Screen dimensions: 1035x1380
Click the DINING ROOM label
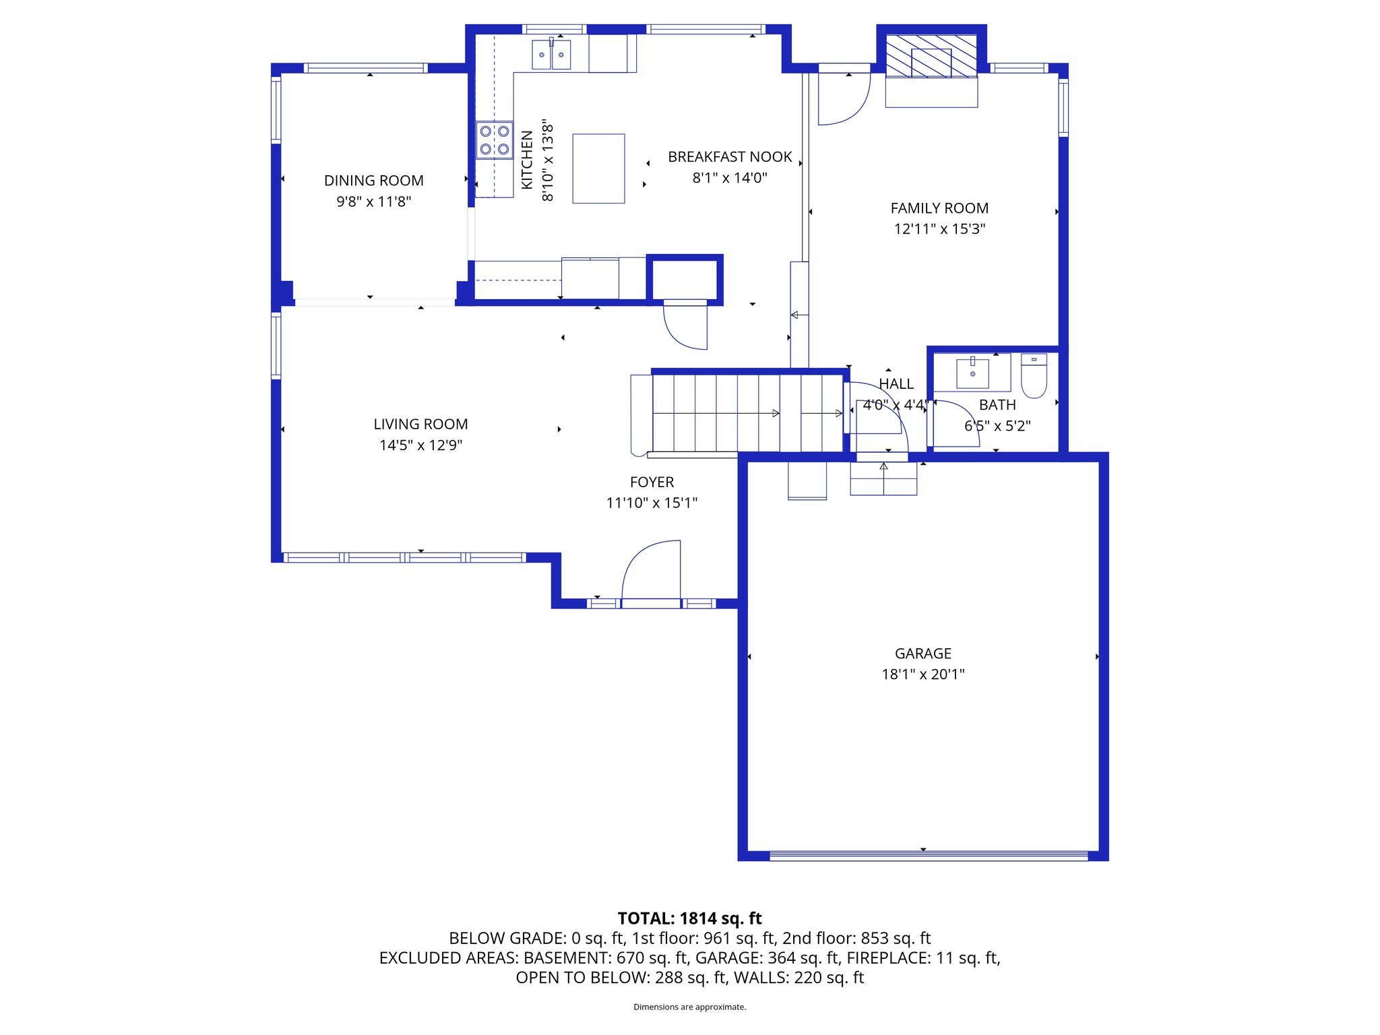(x=373, y=181)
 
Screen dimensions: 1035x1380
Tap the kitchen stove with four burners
(x=494, y=140)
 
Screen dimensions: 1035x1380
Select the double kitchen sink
(x=551, y=55)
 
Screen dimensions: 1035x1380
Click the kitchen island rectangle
(x=598, y=168)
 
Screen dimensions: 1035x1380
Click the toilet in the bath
(x=1034, y=375)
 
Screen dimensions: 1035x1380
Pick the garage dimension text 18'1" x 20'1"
(x=922, y=674)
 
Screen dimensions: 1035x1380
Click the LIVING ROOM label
(x=420, y=424)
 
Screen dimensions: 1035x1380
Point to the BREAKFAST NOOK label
(x=730, y=157)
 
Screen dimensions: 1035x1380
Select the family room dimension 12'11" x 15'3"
(x=939, y=229)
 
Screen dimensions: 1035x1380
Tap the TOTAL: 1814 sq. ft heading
(x=689, y=918)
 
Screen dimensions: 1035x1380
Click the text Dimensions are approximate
(x=689, y=1007)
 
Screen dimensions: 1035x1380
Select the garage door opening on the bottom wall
(x=928, y=856)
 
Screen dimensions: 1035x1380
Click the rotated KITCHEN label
(x=527, y=160)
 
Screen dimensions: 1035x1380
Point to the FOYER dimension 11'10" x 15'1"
(x=652, y=503)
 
